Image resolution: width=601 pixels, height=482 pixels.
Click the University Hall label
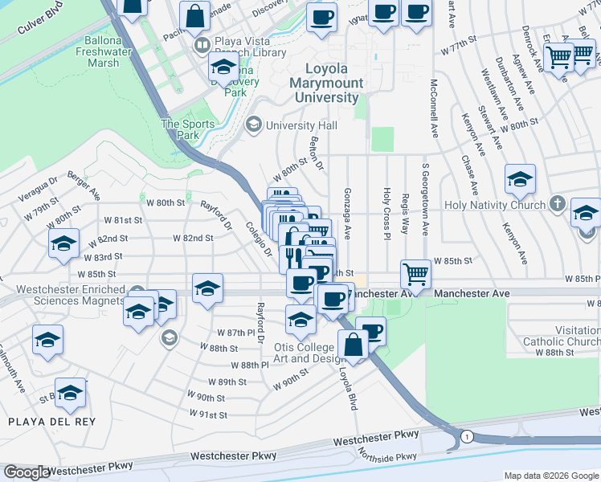[x=301, y=125]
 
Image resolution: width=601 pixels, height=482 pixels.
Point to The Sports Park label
[x=188, y=129]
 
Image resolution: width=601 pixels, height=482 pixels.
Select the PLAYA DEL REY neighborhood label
[x=51, y=422]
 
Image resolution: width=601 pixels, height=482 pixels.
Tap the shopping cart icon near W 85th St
[x=415, y=274]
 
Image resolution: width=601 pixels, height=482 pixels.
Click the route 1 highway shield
[x=466, y=436]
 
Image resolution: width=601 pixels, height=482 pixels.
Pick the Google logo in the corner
[x=27, y=472]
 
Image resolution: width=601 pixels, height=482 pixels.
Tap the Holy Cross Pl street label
[x=386, y=214]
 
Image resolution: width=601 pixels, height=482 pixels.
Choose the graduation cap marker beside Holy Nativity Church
[x=520, y=180]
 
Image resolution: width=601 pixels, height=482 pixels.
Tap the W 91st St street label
[x=208, y=414]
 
